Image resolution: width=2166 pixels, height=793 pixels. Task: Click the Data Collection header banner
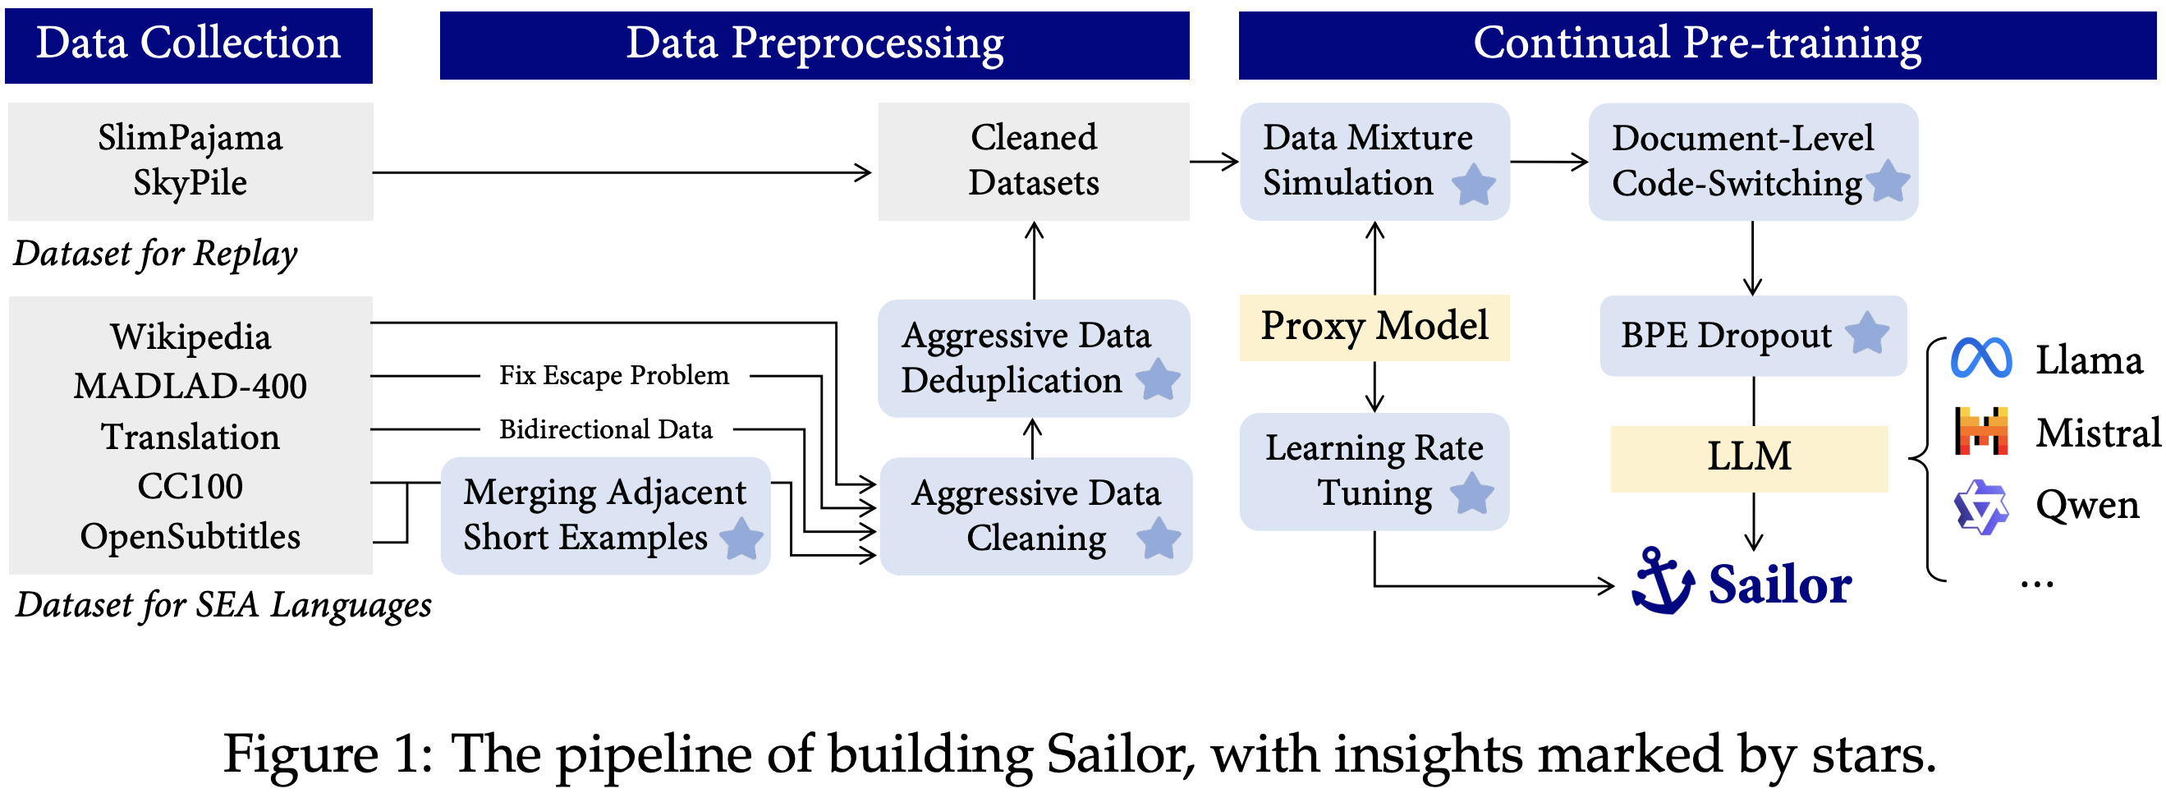click(x=188, y=45)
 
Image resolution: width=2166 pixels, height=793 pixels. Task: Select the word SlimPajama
click(x=190, y=138)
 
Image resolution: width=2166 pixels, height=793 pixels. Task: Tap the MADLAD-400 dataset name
click(x=190, y=386)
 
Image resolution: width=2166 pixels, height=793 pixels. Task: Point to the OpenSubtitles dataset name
click(x=190, y=537)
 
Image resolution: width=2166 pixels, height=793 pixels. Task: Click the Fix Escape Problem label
click(x=614, y=375)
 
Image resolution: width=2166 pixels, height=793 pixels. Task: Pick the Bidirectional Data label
click(x=605, y=429)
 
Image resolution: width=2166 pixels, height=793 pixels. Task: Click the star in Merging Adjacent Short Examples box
click(x=741, y=539)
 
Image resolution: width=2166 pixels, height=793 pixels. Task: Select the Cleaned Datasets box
click(x=1034, y=161)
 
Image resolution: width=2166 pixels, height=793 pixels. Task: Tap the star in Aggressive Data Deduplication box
click(x=1158, y=380)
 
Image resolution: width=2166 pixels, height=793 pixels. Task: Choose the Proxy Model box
click(x=1374, y=327)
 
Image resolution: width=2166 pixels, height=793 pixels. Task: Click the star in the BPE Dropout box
click(x=1866, y=334)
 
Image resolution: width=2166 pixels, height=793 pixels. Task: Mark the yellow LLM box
click(x=1749, y=458)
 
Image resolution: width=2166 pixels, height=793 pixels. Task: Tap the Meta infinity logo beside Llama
click(x=1981, y=358)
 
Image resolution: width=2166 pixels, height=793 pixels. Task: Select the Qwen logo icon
click(x=1981, y=507)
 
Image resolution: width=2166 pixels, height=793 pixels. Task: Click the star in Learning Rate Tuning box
click(x=1472, y=493)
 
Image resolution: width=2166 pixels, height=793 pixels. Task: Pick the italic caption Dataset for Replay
click(x=155, y=254)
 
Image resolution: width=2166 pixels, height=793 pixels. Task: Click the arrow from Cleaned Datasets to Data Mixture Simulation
click(x=1214, y=162)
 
